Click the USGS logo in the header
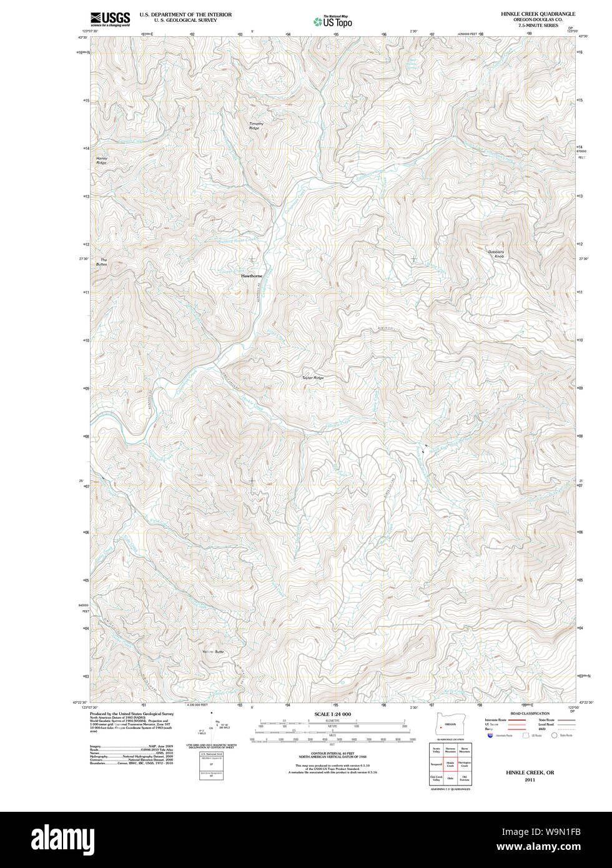click(110, 19)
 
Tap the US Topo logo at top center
click(333, 21)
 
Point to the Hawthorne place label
click(252, 275)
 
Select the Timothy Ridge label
click(256, 126)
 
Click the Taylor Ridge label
click(313, 378)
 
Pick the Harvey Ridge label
click(101, 160)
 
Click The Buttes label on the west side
click(102, 262)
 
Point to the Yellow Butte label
click(213, 652)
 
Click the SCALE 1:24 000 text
click(332, 714)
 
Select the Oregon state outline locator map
click(446, 726)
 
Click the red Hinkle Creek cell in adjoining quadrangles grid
click(450, 764)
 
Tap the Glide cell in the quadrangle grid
click(450, 779)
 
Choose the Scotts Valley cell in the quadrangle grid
click(437, 749)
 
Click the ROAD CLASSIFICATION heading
click(530, 713)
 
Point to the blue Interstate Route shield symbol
click(489, 735)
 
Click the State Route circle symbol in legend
click(553, 735)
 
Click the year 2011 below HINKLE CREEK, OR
click(530, 780)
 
